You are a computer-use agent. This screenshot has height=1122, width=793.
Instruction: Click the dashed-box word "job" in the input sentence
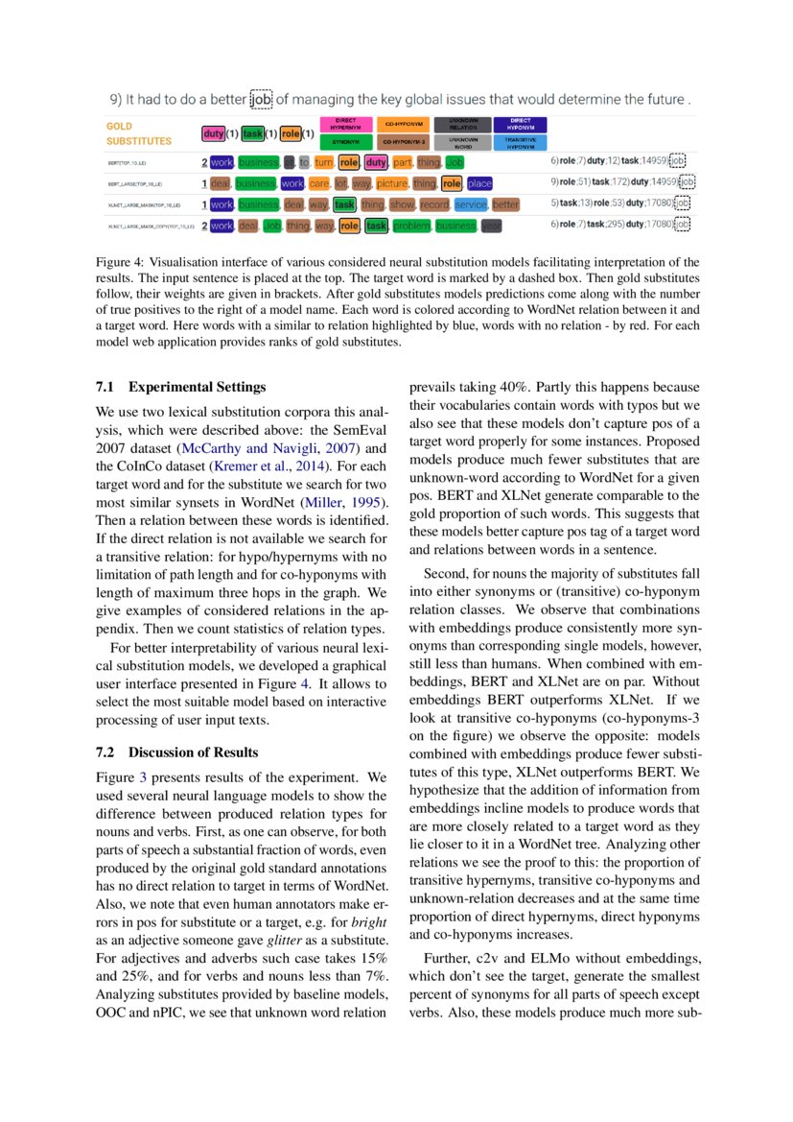261,100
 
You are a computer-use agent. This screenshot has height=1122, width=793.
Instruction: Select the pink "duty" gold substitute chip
213,133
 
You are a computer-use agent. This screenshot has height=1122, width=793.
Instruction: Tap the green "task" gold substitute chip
252,133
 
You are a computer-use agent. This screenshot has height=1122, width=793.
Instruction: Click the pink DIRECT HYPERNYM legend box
344,124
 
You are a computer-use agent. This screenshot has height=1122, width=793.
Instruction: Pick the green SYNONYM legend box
344,141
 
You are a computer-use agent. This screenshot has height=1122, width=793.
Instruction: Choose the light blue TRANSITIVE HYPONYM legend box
520,141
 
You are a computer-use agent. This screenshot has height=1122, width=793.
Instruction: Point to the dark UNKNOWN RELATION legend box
462,124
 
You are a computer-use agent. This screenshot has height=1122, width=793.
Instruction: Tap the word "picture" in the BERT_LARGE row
391,183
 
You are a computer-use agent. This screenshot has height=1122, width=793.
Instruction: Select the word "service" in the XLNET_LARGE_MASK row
471,204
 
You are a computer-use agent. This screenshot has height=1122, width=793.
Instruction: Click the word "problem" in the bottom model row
411,226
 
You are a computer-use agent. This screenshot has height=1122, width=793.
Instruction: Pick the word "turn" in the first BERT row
323,162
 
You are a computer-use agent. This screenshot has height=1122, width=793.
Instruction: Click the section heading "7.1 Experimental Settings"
180,388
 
